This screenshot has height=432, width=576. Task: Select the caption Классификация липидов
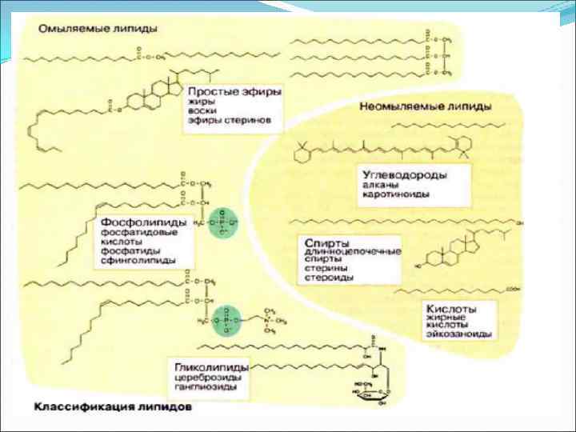[114, 406]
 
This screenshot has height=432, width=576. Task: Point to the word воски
[201, 113]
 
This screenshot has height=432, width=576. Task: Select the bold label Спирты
[322, 242]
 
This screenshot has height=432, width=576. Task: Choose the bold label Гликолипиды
[207, 367]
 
